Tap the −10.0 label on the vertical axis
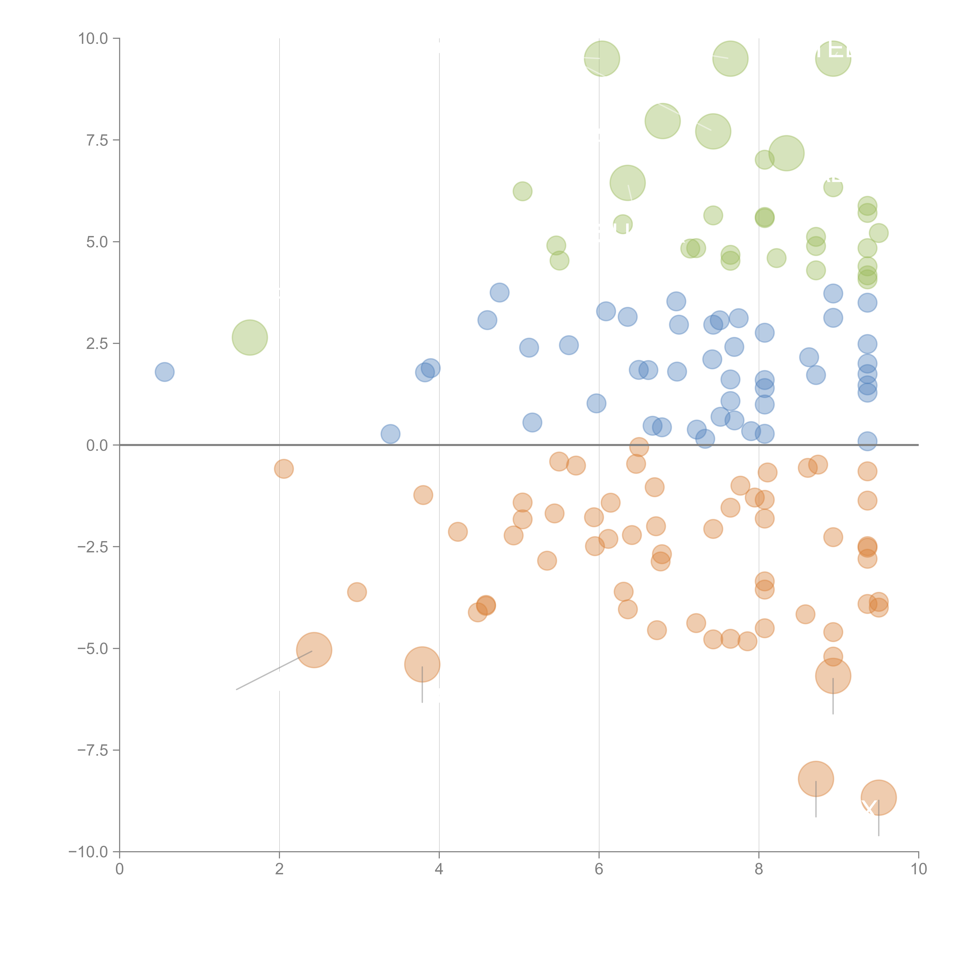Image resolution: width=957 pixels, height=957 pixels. [x=89, y=852]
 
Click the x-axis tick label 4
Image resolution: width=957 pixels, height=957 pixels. [x=439, y=869]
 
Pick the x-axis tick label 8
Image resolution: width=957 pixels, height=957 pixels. [x=759, y=869]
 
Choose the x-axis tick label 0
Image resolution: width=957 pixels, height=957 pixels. [x=119, y=869]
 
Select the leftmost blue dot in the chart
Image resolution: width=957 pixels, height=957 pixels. [x=164, y=372]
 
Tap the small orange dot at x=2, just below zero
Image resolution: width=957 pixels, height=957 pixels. [x=283, y=469]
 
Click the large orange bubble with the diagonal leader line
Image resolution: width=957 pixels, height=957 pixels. [x=314, y=650]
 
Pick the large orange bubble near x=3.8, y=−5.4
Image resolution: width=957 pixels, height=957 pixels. [x=422, y=664]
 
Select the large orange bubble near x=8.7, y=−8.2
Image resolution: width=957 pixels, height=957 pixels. [x=816, y=779]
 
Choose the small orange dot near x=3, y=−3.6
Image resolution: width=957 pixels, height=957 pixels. [x=357, y=592]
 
